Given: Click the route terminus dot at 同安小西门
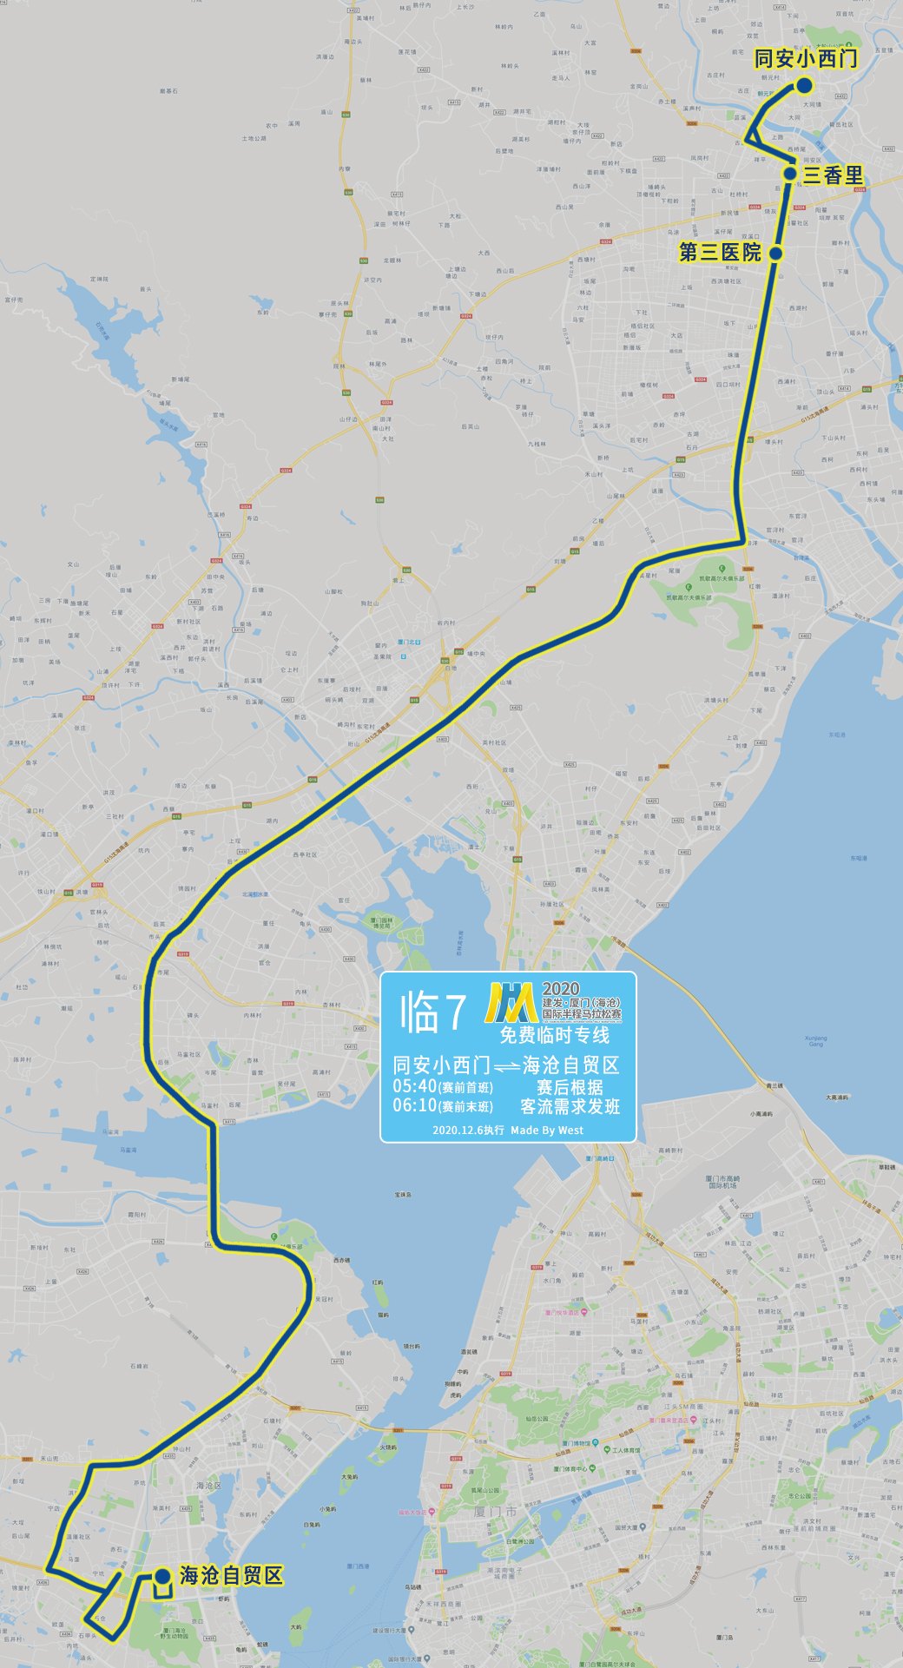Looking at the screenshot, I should click(804, 85).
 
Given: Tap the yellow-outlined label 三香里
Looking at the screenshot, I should click(833, 175).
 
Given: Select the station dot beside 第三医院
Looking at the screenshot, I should click(775, 254).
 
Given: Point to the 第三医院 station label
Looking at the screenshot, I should click(720, 253).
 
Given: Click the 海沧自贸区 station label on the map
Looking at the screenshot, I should click(231, 1575).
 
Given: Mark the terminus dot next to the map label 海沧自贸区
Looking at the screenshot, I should click(162, 1576).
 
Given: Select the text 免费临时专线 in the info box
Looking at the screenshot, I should click(554, 1035).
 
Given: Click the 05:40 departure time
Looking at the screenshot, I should click(414, 1086).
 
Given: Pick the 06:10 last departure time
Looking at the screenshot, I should click(414, 1105).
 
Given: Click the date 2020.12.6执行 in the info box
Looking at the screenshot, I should click(468, 1130).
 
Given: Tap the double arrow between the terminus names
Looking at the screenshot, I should click(506, 1067).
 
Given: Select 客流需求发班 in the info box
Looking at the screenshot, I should click(570, 1106).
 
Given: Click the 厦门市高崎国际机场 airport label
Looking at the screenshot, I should click(722, 1182).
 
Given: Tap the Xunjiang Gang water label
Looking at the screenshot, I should click(815, 1040).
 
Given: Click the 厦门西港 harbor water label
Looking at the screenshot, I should click(358, 1566).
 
